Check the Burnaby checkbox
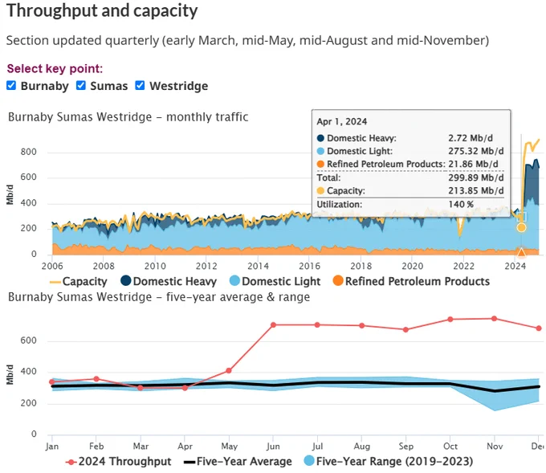[x=11, y=85]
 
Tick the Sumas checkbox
[x=81, y=85]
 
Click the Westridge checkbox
[x=140, y=85]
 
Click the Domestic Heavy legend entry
[x=169, y=281]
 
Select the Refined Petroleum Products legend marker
[x=338, y=281]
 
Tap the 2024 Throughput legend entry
[x=118, y=462]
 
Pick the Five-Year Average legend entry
[x=238, y=462]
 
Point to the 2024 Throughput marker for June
[x=273, y=325]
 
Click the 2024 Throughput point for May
[x=229, y=370]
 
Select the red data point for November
[x=494, y=319]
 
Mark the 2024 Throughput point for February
[x=96, y=379]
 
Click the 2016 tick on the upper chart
[x=309, y=266]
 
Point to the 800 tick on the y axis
[x=28, y=152]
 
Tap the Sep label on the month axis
[x=406, y=446]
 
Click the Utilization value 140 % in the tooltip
[x=461, y=204]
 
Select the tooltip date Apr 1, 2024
[x=342, y=121]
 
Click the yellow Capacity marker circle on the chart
[x=521, y=227]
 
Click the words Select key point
[x=55, y=68]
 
